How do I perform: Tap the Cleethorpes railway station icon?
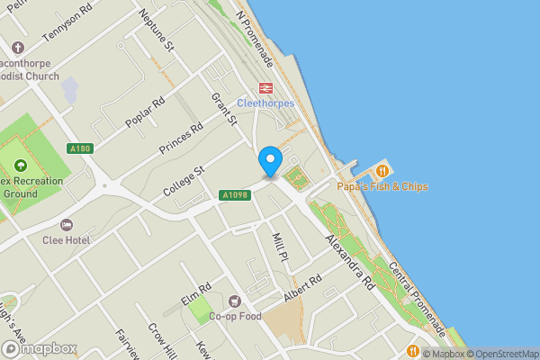(265, 87)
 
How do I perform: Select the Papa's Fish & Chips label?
(382, 186)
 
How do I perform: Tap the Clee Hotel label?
(90, 240)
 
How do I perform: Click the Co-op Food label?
(235, 316)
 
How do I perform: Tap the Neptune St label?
(157, 31)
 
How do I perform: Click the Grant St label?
(222, 108)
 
